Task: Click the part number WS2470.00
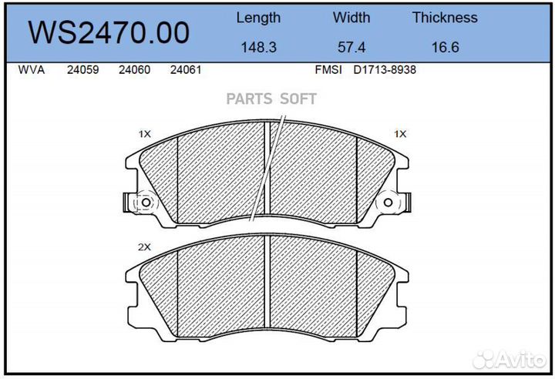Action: (108, 33)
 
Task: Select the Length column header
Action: (258, 18)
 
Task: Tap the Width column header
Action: (351, 18)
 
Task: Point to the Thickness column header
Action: (445, 18)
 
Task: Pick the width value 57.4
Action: (351, 47)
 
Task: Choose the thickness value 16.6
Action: (445, 47)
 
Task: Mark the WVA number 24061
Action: (185, 70)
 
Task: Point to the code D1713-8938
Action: (385, 70)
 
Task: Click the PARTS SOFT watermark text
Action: (271, 99)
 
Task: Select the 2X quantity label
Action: (143, 247)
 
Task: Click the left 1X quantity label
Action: (144, 134)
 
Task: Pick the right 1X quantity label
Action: (399, 134)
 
